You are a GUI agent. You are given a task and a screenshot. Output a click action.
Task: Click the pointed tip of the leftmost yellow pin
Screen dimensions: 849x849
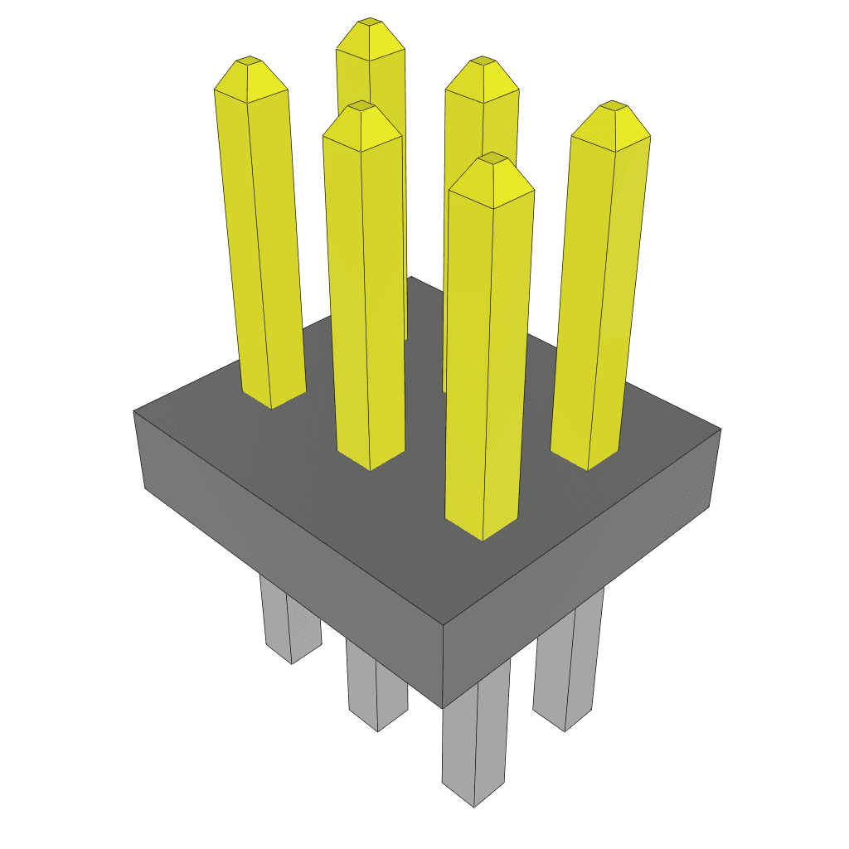tap(249, 61)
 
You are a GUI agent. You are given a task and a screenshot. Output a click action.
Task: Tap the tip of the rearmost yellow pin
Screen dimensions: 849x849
tap(371, 21)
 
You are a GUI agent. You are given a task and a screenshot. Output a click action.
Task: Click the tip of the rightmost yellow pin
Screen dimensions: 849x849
tap(614, 105)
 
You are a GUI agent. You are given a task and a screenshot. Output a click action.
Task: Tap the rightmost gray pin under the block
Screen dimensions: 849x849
tap(568, 663)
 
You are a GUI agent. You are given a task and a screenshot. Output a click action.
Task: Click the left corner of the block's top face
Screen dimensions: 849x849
tap(134, 410)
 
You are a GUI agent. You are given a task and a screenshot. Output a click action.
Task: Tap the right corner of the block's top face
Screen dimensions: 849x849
tap(720, 429)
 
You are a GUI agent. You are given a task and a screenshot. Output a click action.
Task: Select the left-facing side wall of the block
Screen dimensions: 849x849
tap(290, 547)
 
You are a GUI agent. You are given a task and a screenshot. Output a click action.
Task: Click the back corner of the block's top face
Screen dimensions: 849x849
tap(410, 278)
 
